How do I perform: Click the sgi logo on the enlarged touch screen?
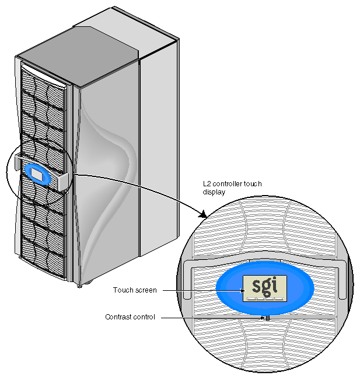tap(265, 286)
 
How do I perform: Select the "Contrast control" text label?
tap(130, 317)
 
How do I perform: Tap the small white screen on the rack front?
tap(37, 173)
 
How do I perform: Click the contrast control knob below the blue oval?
tap(265, 319)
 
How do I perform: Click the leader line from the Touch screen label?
tap(198, 290)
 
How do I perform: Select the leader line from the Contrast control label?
tap(210, 317)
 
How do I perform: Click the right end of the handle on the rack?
tap(63, 181)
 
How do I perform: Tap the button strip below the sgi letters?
tap(265, 299)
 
